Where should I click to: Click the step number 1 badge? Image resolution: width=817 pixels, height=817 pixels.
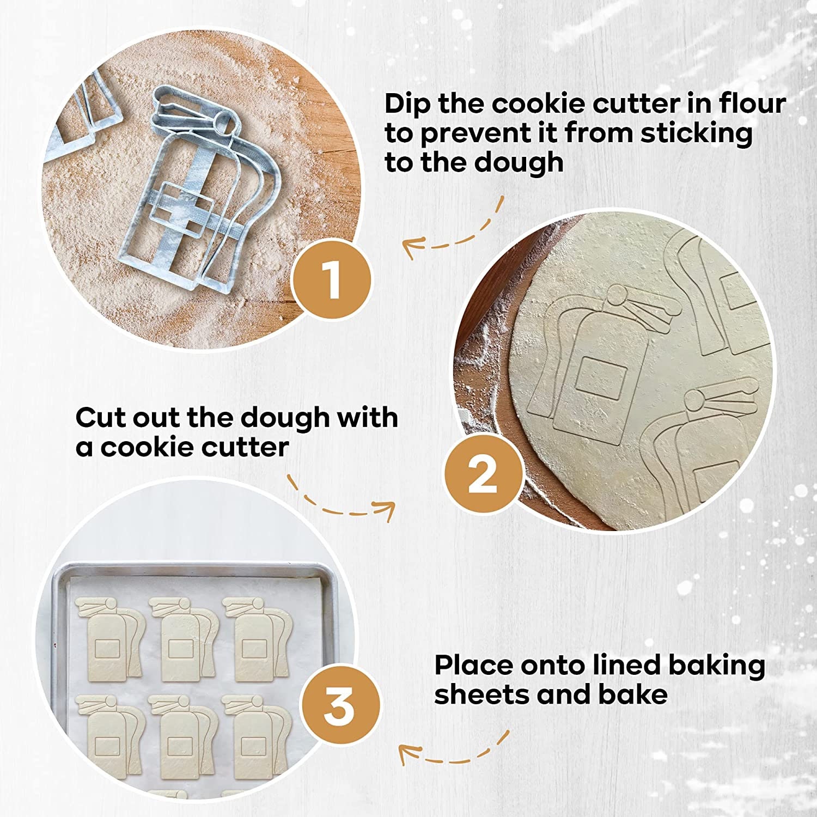coord(331,279)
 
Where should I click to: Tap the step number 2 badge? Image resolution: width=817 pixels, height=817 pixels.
coord(483,474)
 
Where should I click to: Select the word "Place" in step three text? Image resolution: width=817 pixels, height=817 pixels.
coord(473,666)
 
